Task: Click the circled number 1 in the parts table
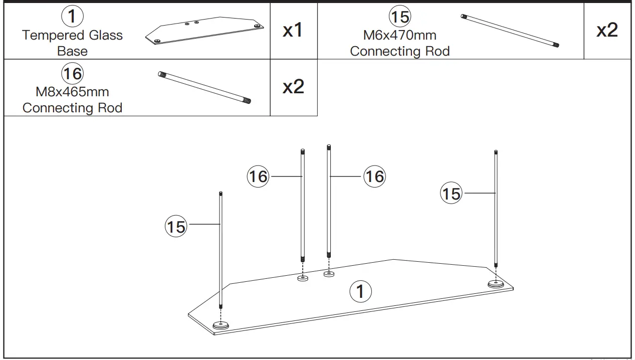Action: pos(72,17)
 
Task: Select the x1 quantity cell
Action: pos(293,31)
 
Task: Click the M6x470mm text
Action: pos(399,35)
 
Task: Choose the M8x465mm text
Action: pos(72,92)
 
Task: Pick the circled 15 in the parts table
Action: pos(400,17)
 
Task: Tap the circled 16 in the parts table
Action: pos(72,74)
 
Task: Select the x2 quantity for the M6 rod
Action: pos(607,31)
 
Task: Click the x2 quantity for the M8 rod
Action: pos(293,87)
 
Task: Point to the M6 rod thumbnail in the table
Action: pos(510,31)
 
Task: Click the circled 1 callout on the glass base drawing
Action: pos(360,291)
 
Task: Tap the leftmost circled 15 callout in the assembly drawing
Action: pos(176,227)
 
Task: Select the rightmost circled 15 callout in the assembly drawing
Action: pos(451,194)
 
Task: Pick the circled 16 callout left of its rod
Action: pos(258,176)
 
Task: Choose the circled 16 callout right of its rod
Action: pos(374,176)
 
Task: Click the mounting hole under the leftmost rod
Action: pos(221,325)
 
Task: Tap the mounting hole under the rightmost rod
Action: pos(496,284)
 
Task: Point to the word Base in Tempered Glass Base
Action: pos(72,51)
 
